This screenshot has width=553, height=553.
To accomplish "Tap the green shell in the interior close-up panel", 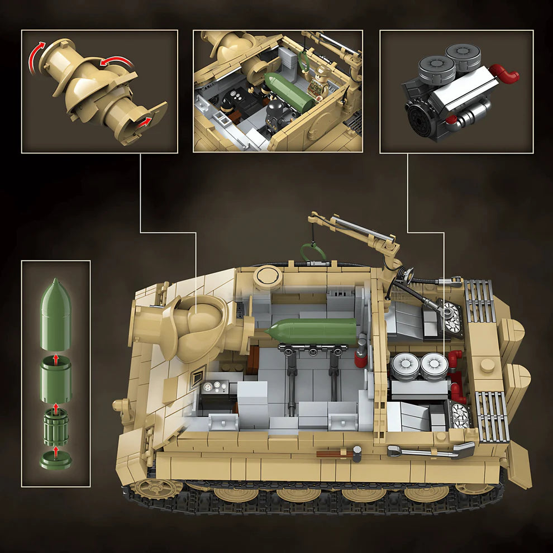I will (288, 90).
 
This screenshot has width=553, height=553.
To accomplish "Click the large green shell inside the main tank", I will (313, 331).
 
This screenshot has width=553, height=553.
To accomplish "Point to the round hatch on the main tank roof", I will (268, 276).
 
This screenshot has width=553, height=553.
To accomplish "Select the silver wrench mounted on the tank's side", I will (430, 451).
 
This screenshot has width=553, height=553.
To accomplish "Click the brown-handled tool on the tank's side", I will (335, 454).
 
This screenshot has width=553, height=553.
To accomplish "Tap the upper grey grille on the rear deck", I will (480, 302).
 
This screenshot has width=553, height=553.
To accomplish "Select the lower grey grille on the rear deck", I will (492, 416).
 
